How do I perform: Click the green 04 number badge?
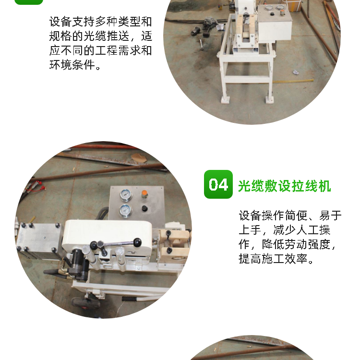pyautogui.click(x=218, y=184)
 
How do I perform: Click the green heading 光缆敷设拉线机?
pyautogui.click(x=284, y=186)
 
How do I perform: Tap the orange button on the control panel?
pyautogui.click(x=144, y=193)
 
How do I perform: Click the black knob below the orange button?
pyautogui.click(x=144, y=208)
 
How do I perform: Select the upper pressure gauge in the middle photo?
pyautogui.click(x=126, y=195)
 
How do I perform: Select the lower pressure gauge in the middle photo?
pyautogui.click(x=125, y=211)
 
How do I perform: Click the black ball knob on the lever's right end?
pyautogui.click(x=137, y=242)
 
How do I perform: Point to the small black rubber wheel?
pyautogui.click(x=85, y=303)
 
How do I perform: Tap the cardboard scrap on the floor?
pyautogui.click(x=138, y=157)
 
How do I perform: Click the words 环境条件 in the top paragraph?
pyautogui.click(x=72, y=65)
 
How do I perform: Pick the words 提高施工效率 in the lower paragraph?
pyautogui.click(x=273, y=259)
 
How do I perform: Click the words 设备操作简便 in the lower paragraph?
pyautogui.click(x=273, y=216)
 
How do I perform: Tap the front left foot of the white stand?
pyautogui.click(x=225, y=100)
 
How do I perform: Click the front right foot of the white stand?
pyautogui.click(x=269, y=99)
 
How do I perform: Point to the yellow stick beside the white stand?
pyautogui.click(x=294, y=81)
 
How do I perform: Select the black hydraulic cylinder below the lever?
pyautogui.click(x=78, y=264)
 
